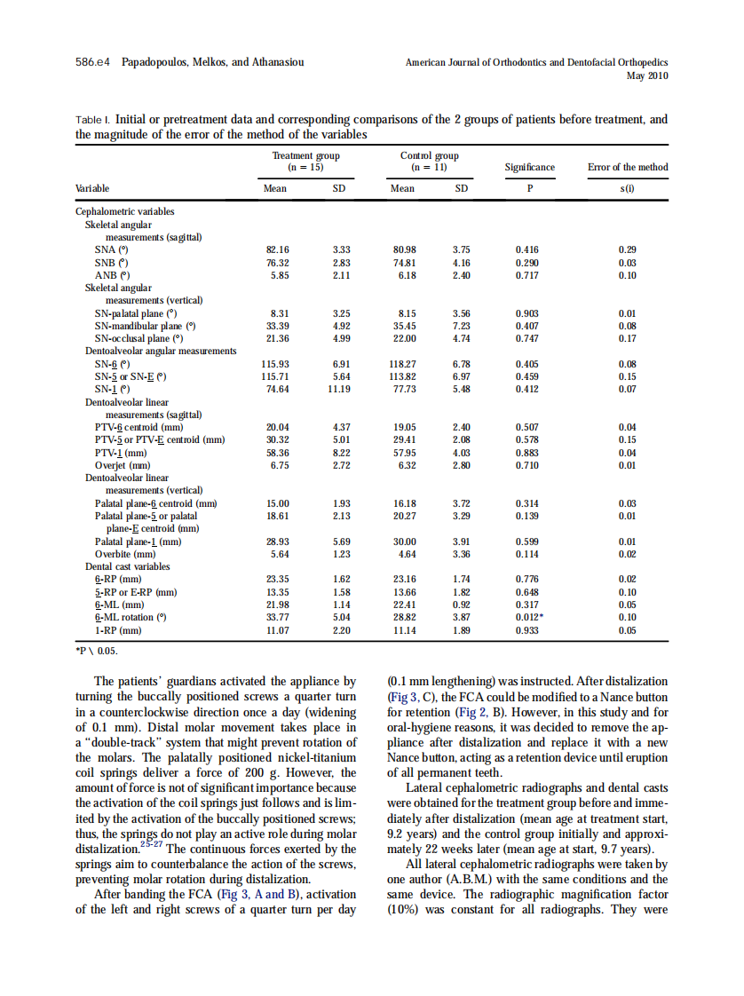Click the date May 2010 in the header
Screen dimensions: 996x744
pyautogui.click(x=647, y=76)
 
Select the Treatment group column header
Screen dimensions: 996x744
pyautogui.click(x=305, y=161)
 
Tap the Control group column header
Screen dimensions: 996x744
pyautogui.click(x=430, y=161)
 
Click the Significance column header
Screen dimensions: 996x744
pyautogui.click(x=530, y=167)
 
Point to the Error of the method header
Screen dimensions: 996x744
pyautogui.click(x=628, y=167)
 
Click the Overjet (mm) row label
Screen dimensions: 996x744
pyautogui.click(x=123, y=465)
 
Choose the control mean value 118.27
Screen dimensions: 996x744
pyautogui.click(x=404, y=364)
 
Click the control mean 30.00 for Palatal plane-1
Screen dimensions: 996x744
pyautogui.click(x=404, y=541)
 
